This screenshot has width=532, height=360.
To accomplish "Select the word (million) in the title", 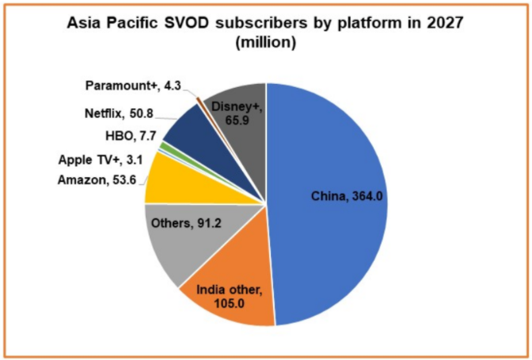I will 266,44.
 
